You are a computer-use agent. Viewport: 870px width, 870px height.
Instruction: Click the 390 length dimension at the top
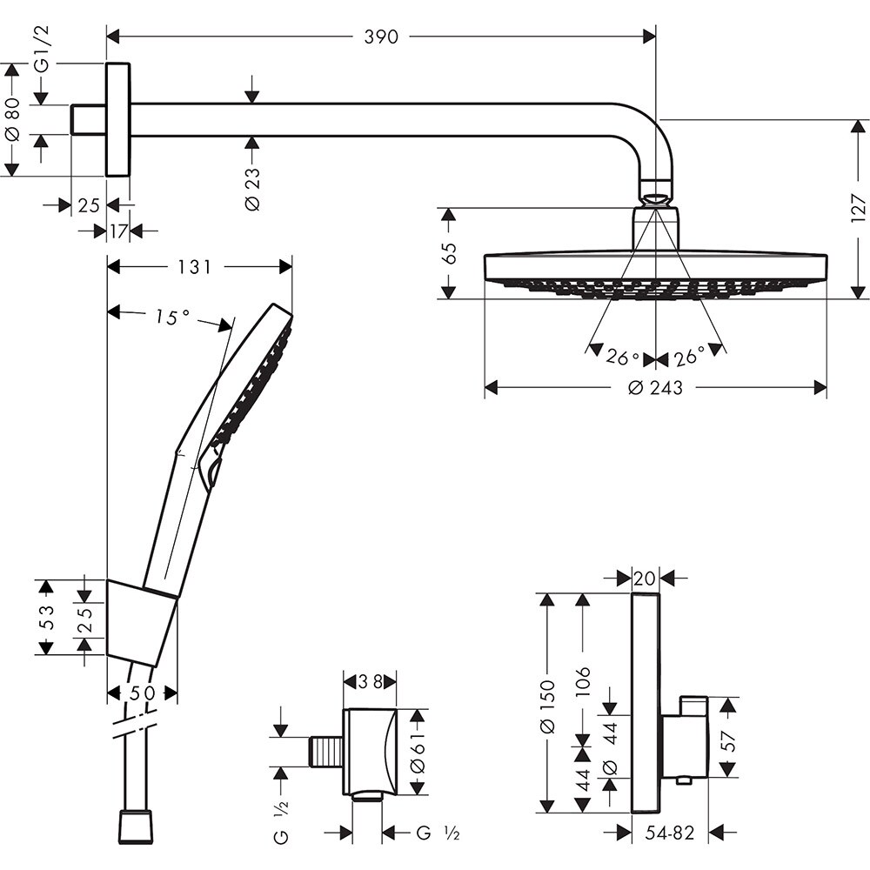[x=381, y=37]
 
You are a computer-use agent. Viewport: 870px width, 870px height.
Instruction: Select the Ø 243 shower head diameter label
[x=655, y=388]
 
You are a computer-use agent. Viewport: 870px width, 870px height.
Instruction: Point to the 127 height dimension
[x=858, y=210]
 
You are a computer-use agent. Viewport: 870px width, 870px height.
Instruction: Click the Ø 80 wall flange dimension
[x=12, y=120]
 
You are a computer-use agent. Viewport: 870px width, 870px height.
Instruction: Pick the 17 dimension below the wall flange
[x=118, y=231]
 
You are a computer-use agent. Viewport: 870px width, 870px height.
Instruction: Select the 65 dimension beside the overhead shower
[x=447, y=253]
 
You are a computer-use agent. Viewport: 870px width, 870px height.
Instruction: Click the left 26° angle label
[x=623, y=358]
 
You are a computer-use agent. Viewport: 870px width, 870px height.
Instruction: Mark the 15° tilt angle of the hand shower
[x=172, y=318]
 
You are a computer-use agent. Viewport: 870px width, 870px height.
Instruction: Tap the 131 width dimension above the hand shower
[x=194, y=267]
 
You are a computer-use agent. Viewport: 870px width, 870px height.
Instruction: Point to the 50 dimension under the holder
[x=142, y=693]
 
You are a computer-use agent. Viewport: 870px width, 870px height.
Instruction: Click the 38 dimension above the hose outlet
[x=371, y=682]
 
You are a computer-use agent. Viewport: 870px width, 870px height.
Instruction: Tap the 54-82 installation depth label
[x=670, y=833]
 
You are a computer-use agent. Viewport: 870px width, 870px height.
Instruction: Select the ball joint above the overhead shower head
[x=656, y=191]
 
